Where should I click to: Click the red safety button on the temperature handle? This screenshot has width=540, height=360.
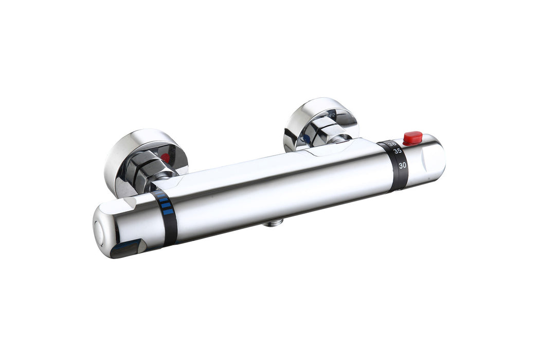412,137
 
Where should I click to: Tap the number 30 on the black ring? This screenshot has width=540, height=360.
403,165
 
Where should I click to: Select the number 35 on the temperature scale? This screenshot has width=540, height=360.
398,151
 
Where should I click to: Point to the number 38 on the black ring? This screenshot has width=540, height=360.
392,144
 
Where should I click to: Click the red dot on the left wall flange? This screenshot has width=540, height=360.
165,158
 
